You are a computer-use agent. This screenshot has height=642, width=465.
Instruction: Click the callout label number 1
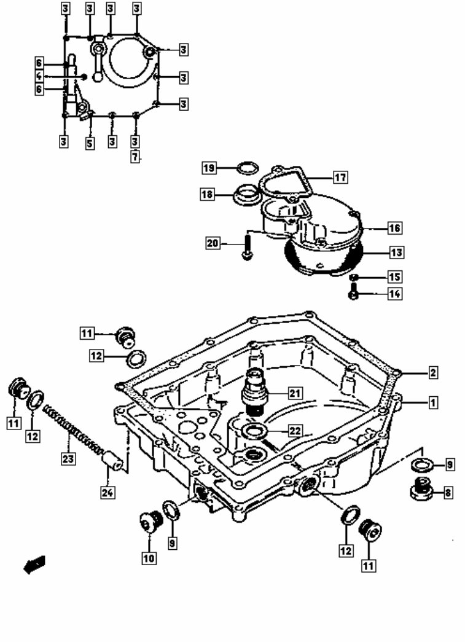432,403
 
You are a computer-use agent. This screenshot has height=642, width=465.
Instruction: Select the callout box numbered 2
432,372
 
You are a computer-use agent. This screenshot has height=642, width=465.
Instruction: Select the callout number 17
340,178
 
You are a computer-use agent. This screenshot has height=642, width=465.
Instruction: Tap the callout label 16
394,228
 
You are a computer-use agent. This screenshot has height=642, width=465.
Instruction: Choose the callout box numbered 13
394,252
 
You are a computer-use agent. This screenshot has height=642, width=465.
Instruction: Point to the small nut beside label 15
354,278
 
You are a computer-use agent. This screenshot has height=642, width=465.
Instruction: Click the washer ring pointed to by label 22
254,432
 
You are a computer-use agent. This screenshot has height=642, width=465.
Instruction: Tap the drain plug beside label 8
421,490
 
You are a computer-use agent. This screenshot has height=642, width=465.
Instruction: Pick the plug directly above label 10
149,523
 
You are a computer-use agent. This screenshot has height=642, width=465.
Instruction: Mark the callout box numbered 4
39,76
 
